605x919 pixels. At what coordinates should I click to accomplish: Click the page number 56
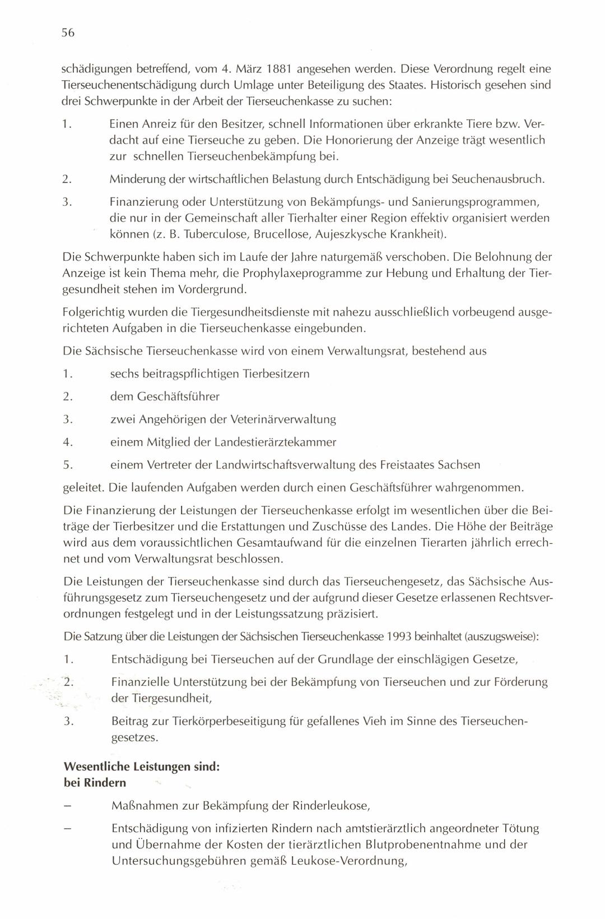pos(68,33)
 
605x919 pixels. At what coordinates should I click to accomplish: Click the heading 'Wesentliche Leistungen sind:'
pos(142,766)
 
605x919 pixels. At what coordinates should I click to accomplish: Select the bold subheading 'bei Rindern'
pos(95,783)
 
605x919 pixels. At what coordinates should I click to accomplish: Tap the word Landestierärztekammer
pos(275,442)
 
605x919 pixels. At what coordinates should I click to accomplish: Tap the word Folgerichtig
pos(94,312)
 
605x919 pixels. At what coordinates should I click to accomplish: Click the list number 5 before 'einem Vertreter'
pos(67,465)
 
